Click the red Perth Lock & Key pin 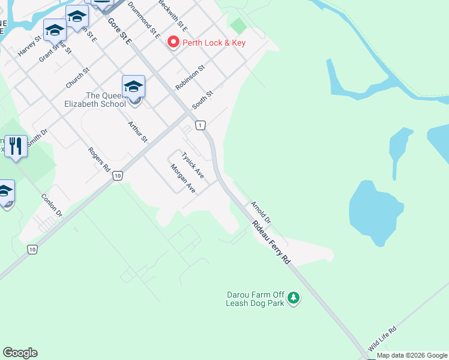(x=173, y=42)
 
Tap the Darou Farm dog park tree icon (x=294, y=298)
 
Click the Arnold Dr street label (x=261, y=212)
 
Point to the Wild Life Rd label (x=383, y=338)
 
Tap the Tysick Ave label (x=193, y=165)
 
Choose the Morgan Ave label (x=183, y=178)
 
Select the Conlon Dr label (x=52, y=205)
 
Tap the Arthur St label (x=137, y=131)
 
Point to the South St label (x=202, y=100)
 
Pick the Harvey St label (x=29, y=46)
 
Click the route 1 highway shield (x=200, y=125)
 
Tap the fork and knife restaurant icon (x=16, y=146)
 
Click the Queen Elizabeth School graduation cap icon (x=133, y=86)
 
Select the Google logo (x=20, y=353)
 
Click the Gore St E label (x=119, y=30)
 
